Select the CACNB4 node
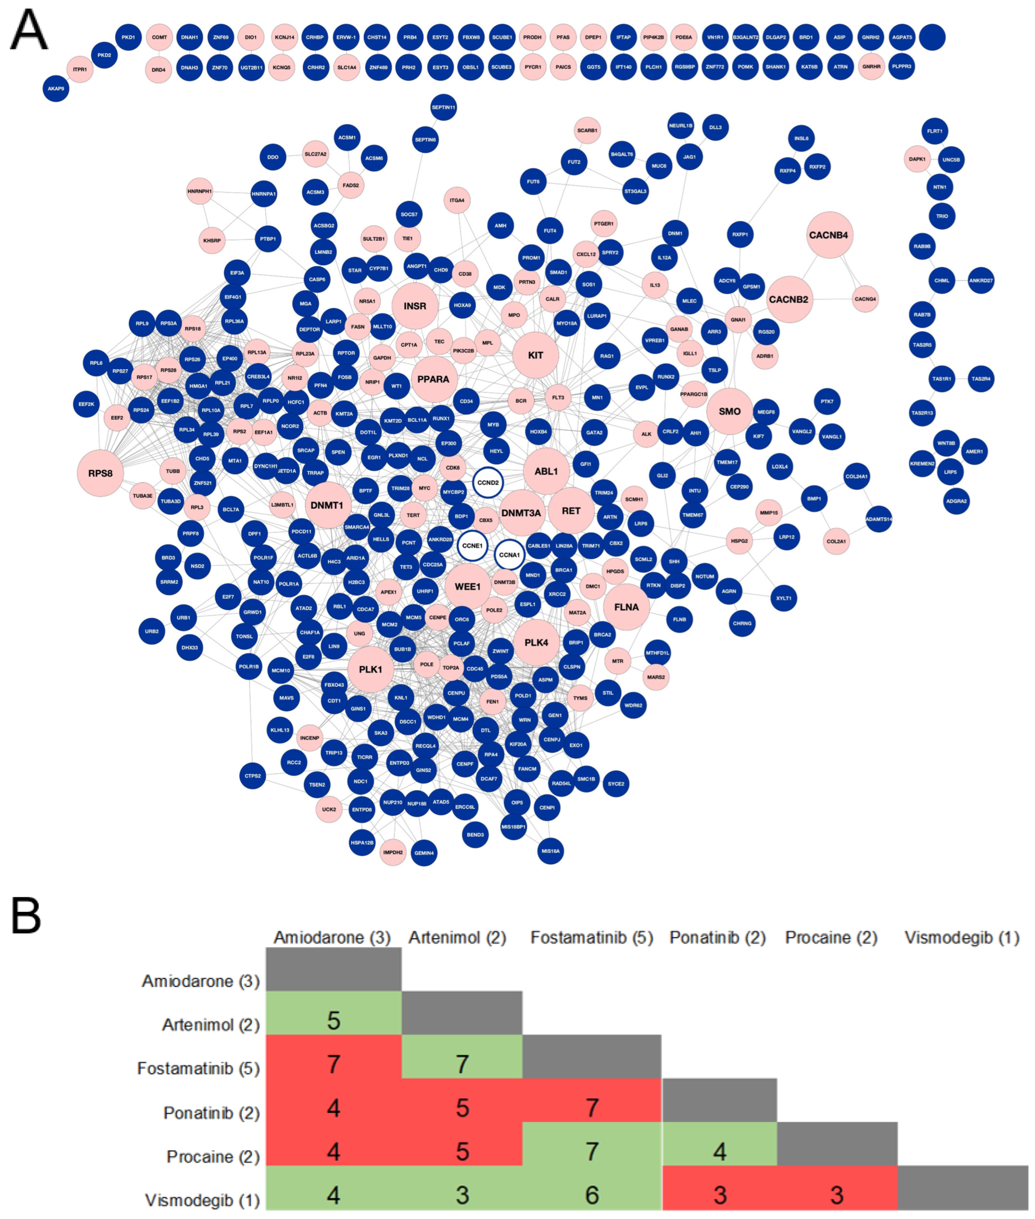click(x=828, y=235)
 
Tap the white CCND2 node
click(x=488, y=483)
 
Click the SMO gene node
click(x=729, y=411)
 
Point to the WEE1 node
click(x=468, y=586)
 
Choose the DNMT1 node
click(x=327, y=505)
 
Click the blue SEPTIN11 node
click(x=443, y=108)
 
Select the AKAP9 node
click(x=56, y=89)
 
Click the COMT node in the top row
click(x=160, y=37)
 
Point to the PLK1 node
click(x=370, y=670)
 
